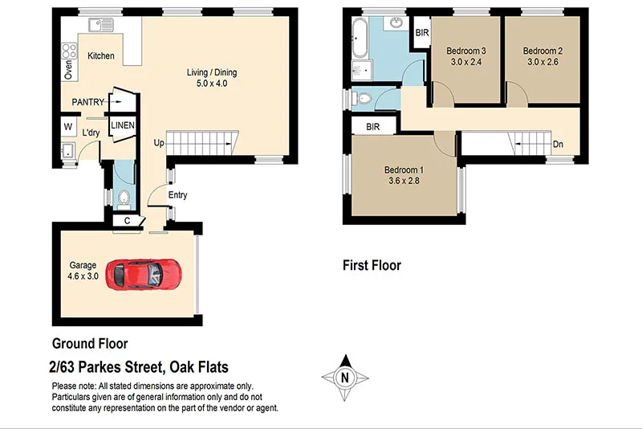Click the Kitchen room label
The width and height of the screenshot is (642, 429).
pyautogui.click(x=101, y=55)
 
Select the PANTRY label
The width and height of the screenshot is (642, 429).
pyautogui.click(x=87, y=102)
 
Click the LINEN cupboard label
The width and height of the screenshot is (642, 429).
pyautogui.click(x=123, y=125)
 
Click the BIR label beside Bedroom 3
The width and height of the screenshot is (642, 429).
pyautogui.click(x=421, y=34)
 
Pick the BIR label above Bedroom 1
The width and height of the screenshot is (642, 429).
pyautogui.click(x=372, y=127)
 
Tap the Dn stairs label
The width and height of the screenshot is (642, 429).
pyautogui.click(x=558, y=145)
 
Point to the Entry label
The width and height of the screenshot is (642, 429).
pyautogui.click(x=177, y=195)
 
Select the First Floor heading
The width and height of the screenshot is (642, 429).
pyautogui.click(x=372, y=265)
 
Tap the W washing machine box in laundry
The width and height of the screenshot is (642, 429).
pyautogui.click(x=67, y=127)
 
